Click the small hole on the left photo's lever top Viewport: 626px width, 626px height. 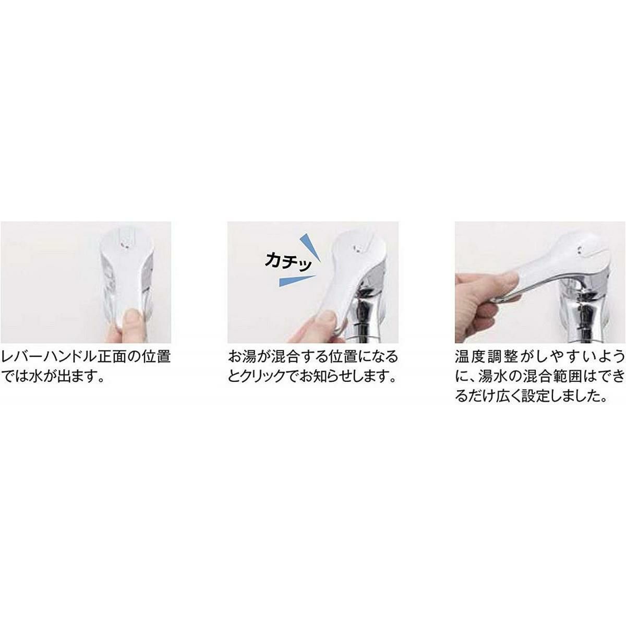click(123, 243)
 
